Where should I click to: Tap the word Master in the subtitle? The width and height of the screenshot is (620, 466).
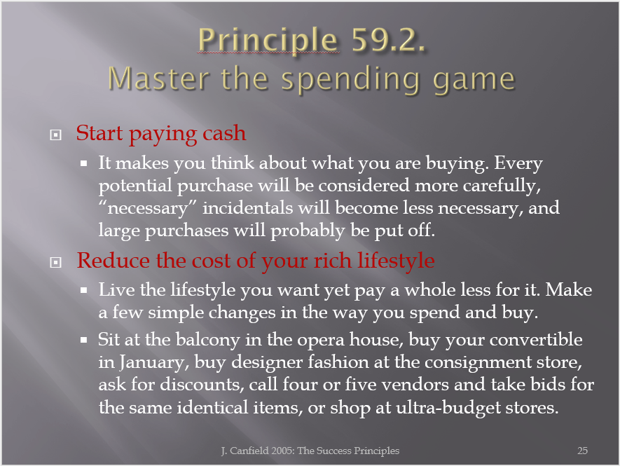coord(158,78)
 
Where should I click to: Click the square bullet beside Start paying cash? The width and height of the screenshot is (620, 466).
coord(56,135)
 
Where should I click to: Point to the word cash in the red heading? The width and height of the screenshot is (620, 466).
coord(224,132)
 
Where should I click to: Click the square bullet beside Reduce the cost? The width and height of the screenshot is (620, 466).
coord(56,262)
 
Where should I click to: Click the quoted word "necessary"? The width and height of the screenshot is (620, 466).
coord(147,208)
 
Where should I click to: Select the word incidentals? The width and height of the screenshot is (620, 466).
coord(248,207)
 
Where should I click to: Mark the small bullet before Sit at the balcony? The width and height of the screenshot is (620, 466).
coord(83,339)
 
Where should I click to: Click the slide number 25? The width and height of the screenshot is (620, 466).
coord(582,451)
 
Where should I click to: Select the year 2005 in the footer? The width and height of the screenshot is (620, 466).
coord(283,451)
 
